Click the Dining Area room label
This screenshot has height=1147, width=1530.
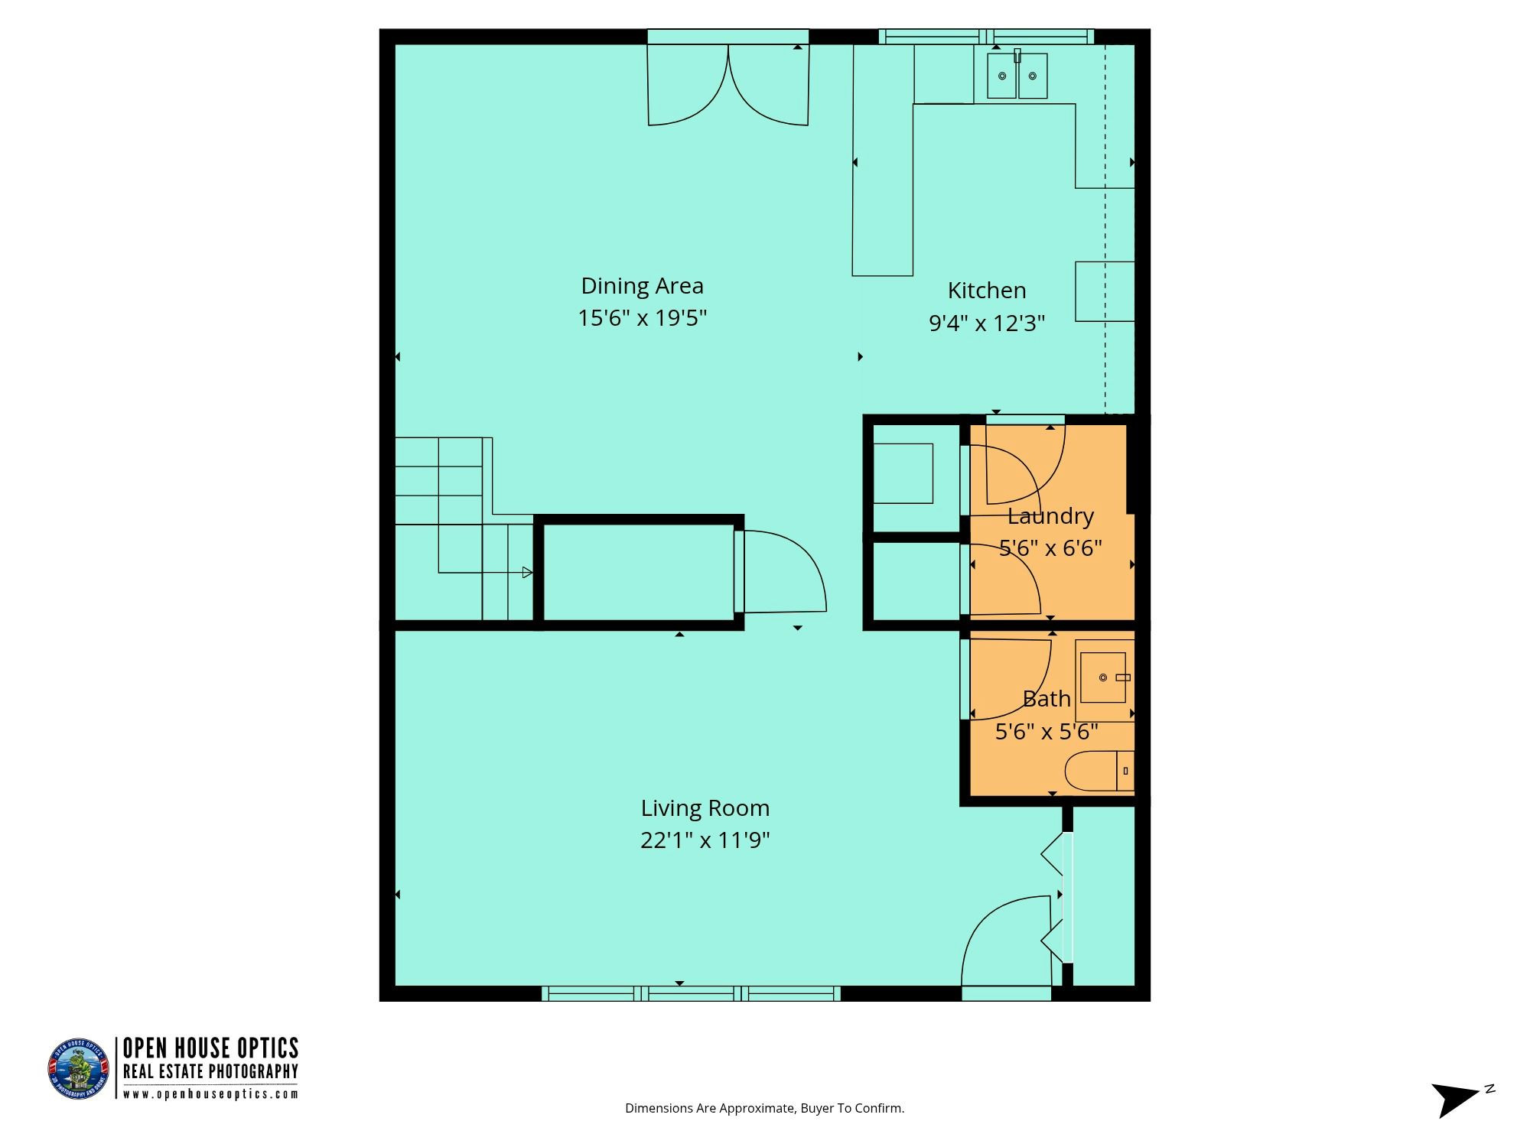642,286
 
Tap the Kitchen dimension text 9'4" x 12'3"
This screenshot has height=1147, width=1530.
987,323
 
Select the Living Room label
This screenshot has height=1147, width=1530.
705,808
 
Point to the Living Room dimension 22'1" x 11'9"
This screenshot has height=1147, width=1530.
705,841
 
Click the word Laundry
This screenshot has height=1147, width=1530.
1050,517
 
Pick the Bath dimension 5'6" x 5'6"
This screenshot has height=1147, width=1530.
1047,733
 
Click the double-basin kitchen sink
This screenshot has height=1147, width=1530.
1017,75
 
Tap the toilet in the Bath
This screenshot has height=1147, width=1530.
1099,771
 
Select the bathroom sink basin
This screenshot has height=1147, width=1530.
1103,677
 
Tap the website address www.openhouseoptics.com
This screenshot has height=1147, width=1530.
210,1094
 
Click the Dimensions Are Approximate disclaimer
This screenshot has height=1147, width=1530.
764,1108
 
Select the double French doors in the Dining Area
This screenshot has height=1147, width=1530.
728,84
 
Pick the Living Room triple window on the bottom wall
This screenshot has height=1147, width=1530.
691,993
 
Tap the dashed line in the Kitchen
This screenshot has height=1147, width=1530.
1105,229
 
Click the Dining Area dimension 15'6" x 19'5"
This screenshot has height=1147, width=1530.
642,318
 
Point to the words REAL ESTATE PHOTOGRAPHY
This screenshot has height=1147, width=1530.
210,1072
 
